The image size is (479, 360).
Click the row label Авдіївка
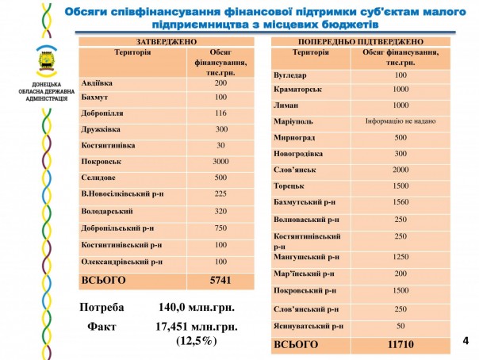pyautogui.click(x=98, y=83)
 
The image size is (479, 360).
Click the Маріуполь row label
pyautogui.click(x=293, y=121)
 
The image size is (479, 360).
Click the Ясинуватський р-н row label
pyautogui.click(x=308, y=326)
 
